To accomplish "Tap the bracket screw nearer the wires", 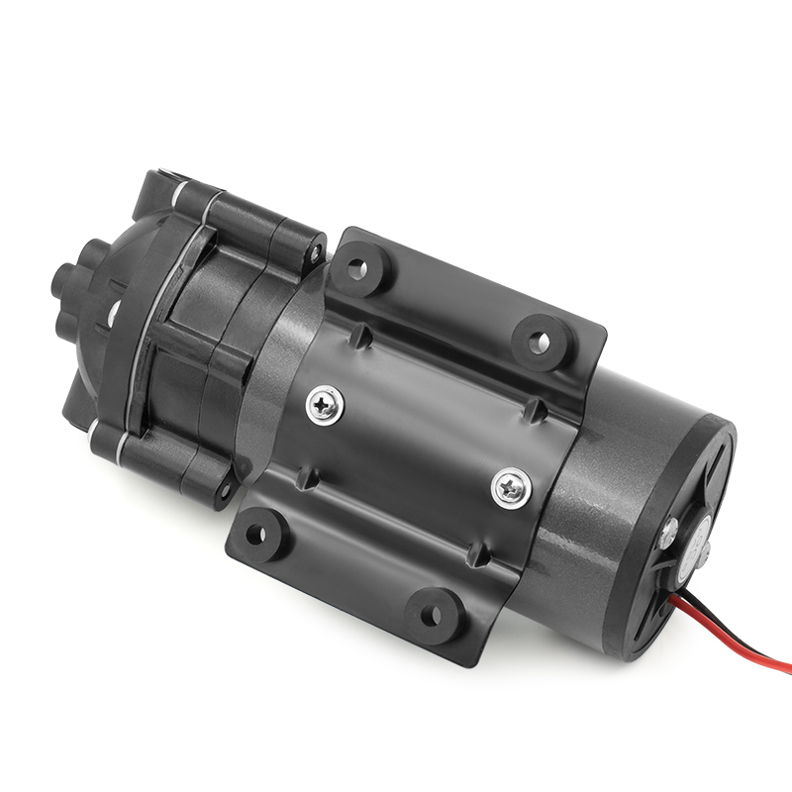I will pyautogui.click(x=510, y=484).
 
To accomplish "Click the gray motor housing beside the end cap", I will pyautogui.click(x=594, y=515).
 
